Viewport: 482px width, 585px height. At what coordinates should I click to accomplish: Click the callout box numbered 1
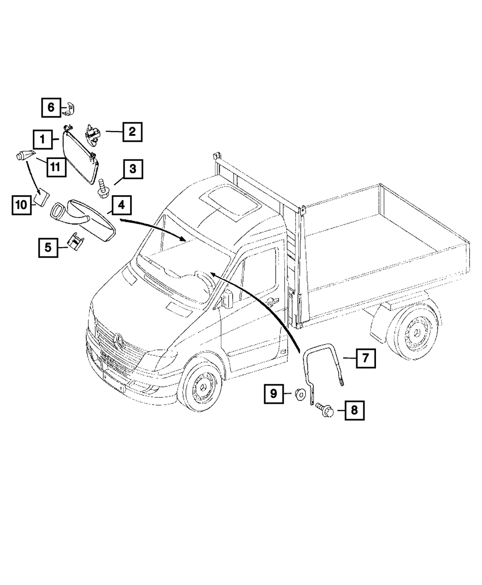point(42,140)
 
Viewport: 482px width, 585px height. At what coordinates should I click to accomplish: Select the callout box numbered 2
point(132,131)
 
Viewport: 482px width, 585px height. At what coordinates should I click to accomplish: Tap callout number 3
point(132,169)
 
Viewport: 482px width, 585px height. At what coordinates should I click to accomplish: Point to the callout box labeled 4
point(121,205)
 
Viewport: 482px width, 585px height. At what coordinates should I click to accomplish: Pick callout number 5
point(48,248)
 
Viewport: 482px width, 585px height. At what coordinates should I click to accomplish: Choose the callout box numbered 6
point(51,107)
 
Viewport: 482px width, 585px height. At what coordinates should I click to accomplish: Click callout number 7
point(365,359)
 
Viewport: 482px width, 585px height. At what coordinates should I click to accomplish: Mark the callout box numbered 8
point(354,411)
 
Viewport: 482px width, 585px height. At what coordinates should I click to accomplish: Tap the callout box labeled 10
point(21,205)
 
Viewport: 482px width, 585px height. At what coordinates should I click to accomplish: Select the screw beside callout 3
point(102,187)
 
